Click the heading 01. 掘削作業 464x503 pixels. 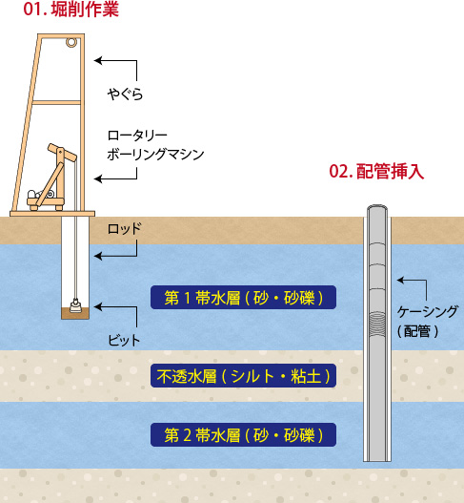71,10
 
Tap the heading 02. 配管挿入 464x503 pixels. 376,172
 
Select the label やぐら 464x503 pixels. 125,94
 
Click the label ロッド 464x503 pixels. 124,229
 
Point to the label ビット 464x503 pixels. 124,340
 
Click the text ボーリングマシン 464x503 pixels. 155,155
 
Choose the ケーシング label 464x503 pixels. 428,311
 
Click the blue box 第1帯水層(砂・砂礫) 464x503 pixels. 243,298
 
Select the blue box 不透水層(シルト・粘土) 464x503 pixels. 243,376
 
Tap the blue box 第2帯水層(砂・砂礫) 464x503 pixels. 243,434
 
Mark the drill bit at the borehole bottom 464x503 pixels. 75,305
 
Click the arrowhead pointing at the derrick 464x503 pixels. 98,60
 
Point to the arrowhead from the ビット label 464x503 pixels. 98,306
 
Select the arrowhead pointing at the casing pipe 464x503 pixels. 401,280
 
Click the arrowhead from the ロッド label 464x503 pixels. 98,256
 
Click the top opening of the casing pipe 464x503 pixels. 377,209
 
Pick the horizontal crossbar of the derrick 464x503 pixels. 56,103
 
